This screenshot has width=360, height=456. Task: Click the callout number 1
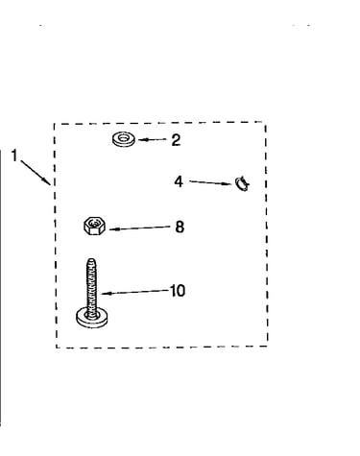click(13, 156)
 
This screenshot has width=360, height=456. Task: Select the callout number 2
click(176, 140)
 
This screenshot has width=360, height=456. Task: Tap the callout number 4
click(179, 181)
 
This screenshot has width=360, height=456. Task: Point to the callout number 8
click(180, 227)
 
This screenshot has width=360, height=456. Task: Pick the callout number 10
click(178, 291)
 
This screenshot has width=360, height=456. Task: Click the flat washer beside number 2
click(124, 139)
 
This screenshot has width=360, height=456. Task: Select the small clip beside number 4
click(242, 184)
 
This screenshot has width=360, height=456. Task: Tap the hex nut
click(94, 226)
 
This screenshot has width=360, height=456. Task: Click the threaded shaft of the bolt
click(91, 286)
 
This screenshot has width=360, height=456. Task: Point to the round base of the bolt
click(92, 318)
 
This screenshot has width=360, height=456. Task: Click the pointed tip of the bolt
click(91, 259)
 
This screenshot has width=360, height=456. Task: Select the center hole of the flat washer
click(124, 138)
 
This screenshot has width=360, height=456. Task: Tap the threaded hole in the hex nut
click(94, 222)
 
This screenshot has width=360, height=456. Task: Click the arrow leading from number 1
click(36, 172)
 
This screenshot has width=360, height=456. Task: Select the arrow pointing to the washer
click(153, 139)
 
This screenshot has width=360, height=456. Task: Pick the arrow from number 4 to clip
click(210, 182)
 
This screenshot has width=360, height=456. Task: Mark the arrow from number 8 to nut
click(140, 228)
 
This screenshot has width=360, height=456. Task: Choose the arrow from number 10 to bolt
click(134, 292)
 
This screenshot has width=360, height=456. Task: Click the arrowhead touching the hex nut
click(112, 229)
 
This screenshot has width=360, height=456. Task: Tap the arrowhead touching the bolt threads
click(105, 293)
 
